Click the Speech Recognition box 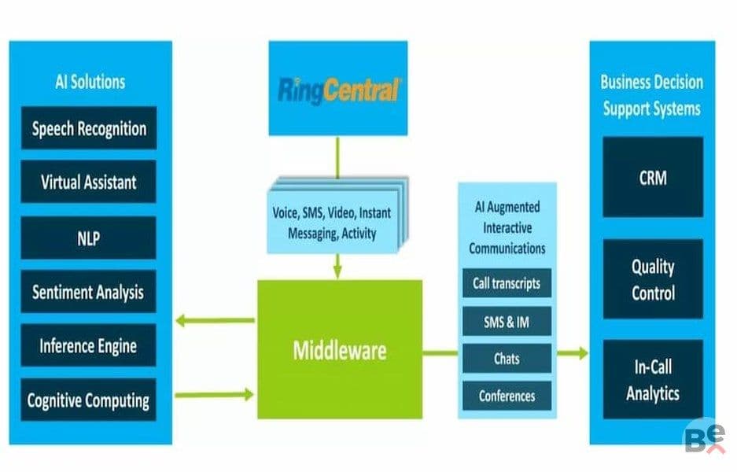coord(89,128)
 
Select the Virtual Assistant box coord(88,182)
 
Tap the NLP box coord(88,238)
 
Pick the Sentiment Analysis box coord(88,292)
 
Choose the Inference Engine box coord(88,345)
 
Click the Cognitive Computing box coord(88,400)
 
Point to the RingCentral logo coord(338,90)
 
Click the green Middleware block coord(340,349)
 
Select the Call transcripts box coord(507,283)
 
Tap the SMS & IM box coord(507,321)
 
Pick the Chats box coord(507,358)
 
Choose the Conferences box coord(507,396)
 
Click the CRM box coord(653,177)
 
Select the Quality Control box coord(653,279)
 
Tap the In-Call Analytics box coord(653,379)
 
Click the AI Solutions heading coord(90,82)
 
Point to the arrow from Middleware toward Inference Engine coord(216,321)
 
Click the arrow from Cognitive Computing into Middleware coord(214,394)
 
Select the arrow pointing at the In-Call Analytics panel coord(573,353)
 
